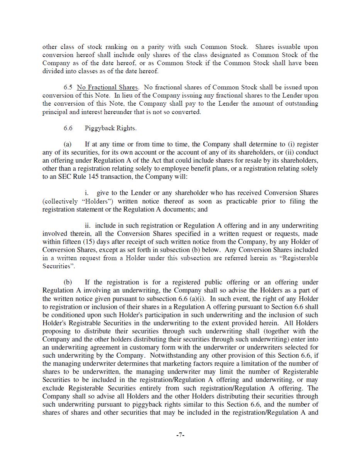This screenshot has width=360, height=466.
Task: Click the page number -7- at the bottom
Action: coord(180,435)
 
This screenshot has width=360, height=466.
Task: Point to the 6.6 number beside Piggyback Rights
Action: coord(68,128)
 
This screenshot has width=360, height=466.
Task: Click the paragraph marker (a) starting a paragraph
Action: coord(68,144)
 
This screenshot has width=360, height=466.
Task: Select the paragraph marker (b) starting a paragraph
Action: coord(68,282)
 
